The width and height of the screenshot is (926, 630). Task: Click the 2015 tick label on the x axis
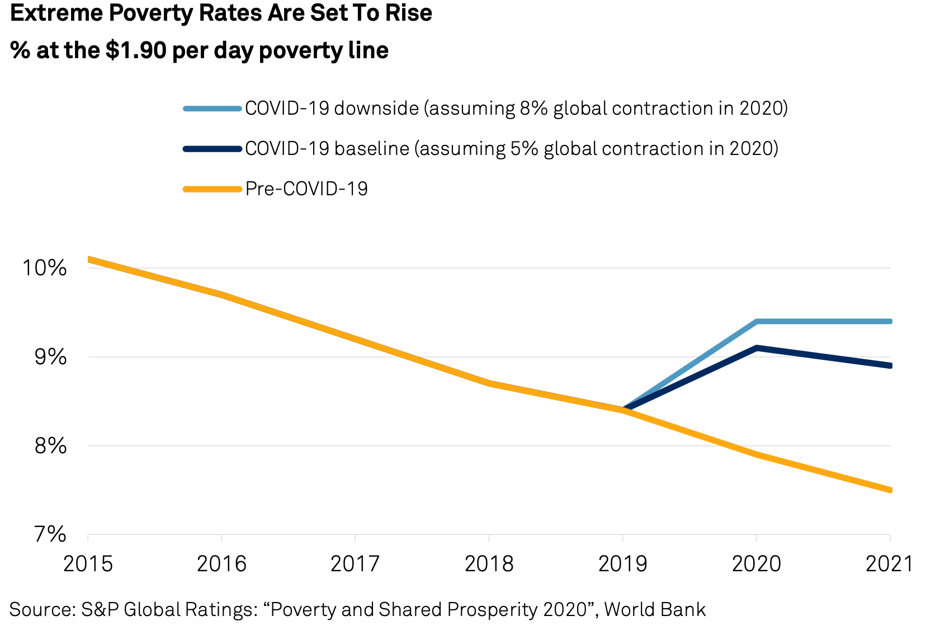click(x=88, y=563)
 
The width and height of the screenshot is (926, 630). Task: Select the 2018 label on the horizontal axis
click(x=489, y=563)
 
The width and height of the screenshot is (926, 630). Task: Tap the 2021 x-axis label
click(x=889, y=563)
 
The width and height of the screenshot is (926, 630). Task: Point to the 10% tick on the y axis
click(x=44, y=267)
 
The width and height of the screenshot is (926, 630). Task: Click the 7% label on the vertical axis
click(x=50, y=534)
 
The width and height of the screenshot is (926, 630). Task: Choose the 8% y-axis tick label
click(x=50, y=446)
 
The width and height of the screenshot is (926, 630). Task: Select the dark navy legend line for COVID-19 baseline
click(x=212, y=149)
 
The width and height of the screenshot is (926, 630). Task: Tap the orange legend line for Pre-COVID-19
click(x=212, y=189)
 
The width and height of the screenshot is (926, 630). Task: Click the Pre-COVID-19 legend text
click(x=306, y=189)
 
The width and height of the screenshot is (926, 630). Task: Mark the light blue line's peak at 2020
click(x=756, y=322)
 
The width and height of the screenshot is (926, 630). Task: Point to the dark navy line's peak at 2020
click(x=756, y=348)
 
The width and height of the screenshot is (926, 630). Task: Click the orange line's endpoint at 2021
click(x=889, y=490)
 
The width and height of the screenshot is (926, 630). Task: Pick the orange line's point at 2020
click(x=756, y=455)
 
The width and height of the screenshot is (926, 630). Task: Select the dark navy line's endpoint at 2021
click(x=889, y=365)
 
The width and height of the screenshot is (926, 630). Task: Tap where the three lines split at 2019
click(x=623, y=410)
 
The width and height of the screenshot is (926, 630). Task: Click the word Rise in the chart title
click(x=410, y=13)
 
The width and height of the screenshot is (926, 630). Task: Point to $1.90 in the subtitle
click(x=136, y=51)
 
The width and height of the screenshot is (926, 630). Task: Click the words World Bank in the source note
click(x=655, y=609)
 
